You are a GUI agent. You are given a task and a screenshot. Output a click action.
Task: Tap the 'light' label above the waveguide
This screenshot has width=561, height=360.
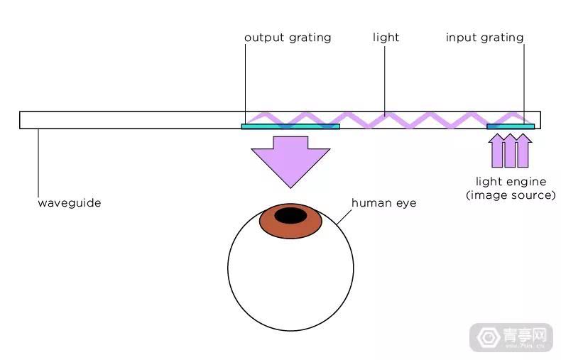click(x=386, y=37)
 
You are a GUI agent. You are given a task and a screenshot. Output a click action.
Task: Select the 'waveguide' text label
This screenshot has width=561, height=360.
click(x=70, y=203)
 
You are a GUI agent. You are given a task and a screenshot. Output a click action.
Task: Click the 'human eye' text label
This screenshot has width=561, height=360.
click(x=384, y=203)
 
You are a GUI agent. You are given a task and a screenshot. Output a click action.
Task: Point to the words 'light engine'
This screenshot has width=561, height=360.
click(x=511, y=182)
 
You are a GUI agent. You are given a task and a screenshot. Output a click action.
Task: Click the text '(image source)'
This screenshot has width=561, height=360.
click(x=511, y=195)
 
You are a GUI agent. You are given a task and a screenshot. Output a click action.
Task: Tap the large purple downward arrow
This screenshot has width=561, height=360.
click(x=290, y=161)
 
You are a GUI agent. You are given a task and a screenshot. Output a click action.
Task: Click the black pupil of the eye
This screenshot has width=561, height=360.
click(x=290, y=216)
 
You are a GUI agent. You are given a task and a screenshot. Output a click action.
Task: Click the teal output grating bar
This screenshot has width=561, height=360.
click(x=290, y=126)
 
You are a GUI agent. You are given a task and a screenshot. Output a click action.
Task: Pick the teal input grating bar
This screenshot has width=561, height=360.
click(x=511, y=126)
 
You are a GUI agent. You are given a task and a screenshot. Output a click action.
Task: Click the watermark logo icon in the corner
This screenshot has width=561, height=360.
click(x=489, y=337)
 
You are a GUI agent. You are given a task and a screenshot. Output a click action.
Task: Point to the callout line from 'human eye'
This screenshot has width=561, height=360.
click(x=344, y=217)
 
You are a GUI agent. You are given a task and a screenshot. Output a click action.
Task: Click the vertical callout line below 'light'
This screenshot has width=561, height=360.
click(x=385, y=81)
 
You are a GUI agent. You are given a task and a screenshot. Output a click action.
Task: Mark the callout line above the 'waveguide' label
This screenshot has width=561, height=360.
click(x=38, y=163)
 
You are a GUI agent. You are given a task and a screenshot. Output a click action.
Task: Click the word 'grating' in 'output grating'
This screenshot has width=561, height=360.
click(x=310, y=38)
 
